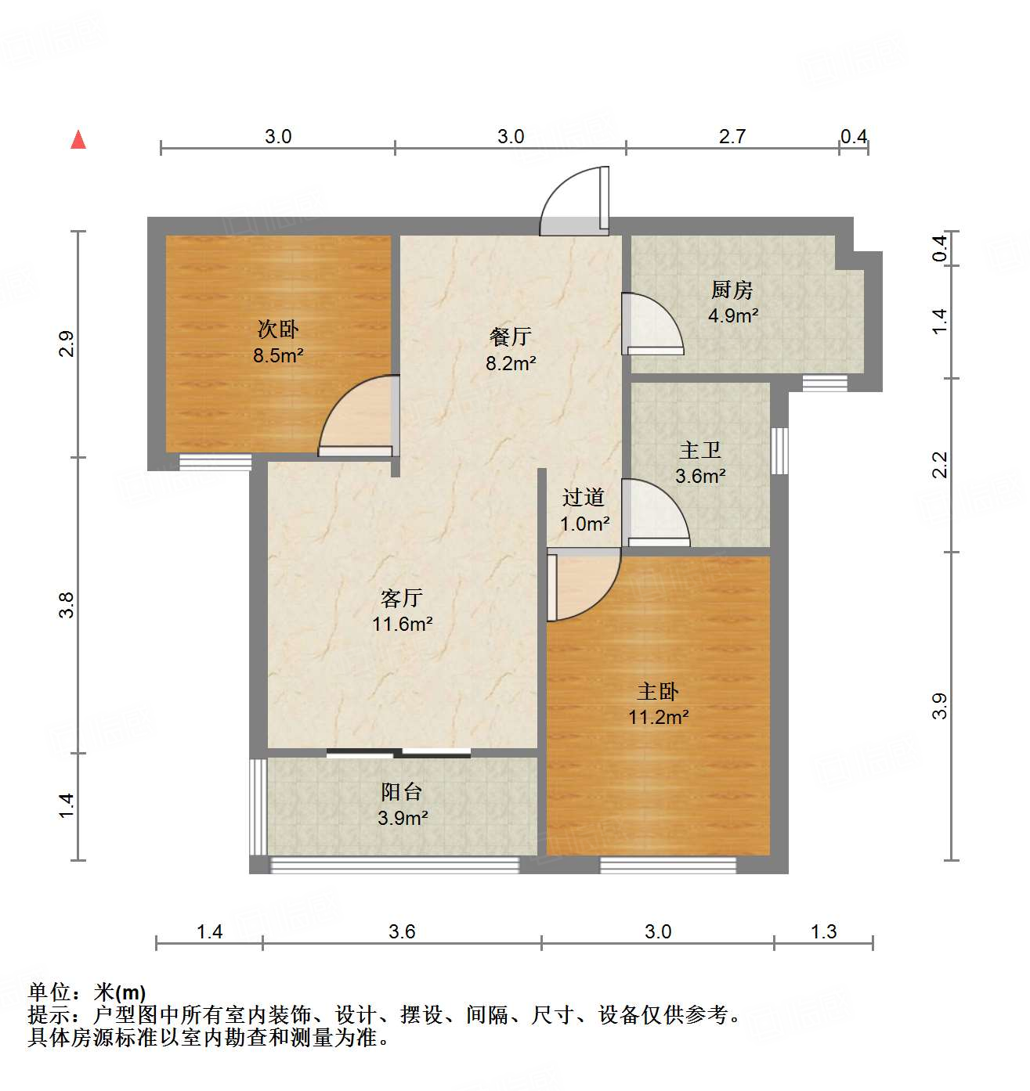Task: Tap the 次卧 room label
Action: pyautogui.click(x=278, y=329)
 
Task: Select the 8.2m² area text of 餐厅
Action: pyautogui.click(x=511, y=363)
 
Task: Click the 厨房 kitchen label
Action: pyautogui.click(x=732, y=290)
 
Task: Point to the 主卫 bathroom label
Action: pyautogui.click(x=700, y=450)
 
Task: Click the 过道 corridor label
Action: pyautogui.click(x=584, y=497)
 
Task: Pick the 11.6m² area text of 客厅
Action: pyautogui.click(x=403, y=624)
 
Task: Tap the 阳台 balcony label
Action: pyautogui.click(x=402, y=792)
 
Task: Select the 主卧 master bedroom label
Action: pyautogui.click(x=658, y=691)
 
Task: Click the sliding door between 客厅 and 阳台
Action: pyautogui.click(x=399, y=754)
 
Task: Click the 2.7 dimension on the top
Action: pyautogui.click(x=732, y=137)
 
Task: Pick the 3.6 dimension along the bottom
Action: pyautogui.click(x=402, y=931)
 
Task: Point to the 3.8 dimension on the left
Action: pyautogui.click(x=67, y=605)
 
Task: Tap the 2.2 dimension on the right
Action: pyautogui.click(x=940, y=465)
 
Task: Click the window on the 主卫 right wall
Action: pyautogui.click(x=779, y=451)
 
